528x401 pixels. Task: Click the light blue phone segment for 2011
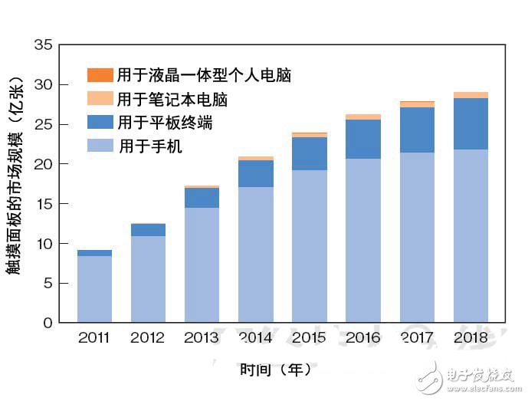(94, 289)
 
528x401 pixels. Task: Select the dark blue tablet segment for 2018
(471, 123)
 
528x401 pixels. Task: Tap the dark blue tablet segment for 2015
(310, 153)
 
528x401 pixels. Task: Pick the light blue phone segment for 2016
(363, 240)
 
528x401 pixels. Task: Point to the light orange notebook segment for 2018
(471, 95)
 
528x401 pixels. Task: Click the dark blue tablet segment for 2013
(202, 198)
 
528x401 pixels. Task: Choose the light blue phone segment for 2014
(256, 255)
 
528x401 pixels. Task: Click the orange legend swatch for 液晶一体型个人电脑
(100, 75)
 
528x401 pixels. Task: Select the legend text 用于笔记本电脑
(172, 99)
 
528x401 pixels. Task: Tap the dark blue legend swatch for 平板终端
(100, 123)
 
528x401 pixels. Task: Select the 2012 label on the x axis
(148, 337)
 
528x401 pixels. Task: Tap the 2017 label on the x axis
(417, 337)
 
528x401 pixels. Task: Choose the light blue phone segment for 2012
(148, 279)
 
